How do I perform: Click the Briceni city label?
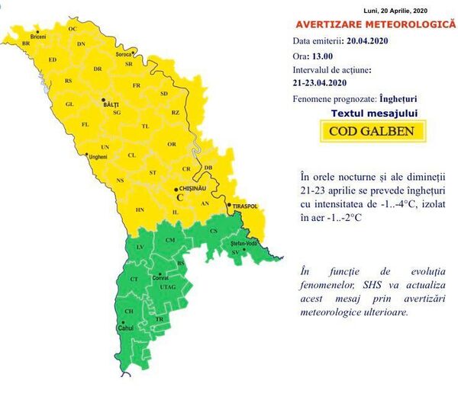click(38, 37)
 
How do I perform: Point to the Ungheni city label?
click(98, 157)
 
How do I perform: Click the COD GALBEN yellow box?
click(372, 130)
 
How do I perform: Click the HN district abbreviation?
click(140, 209)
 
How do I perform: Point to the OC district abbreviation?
click(73, 28)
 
